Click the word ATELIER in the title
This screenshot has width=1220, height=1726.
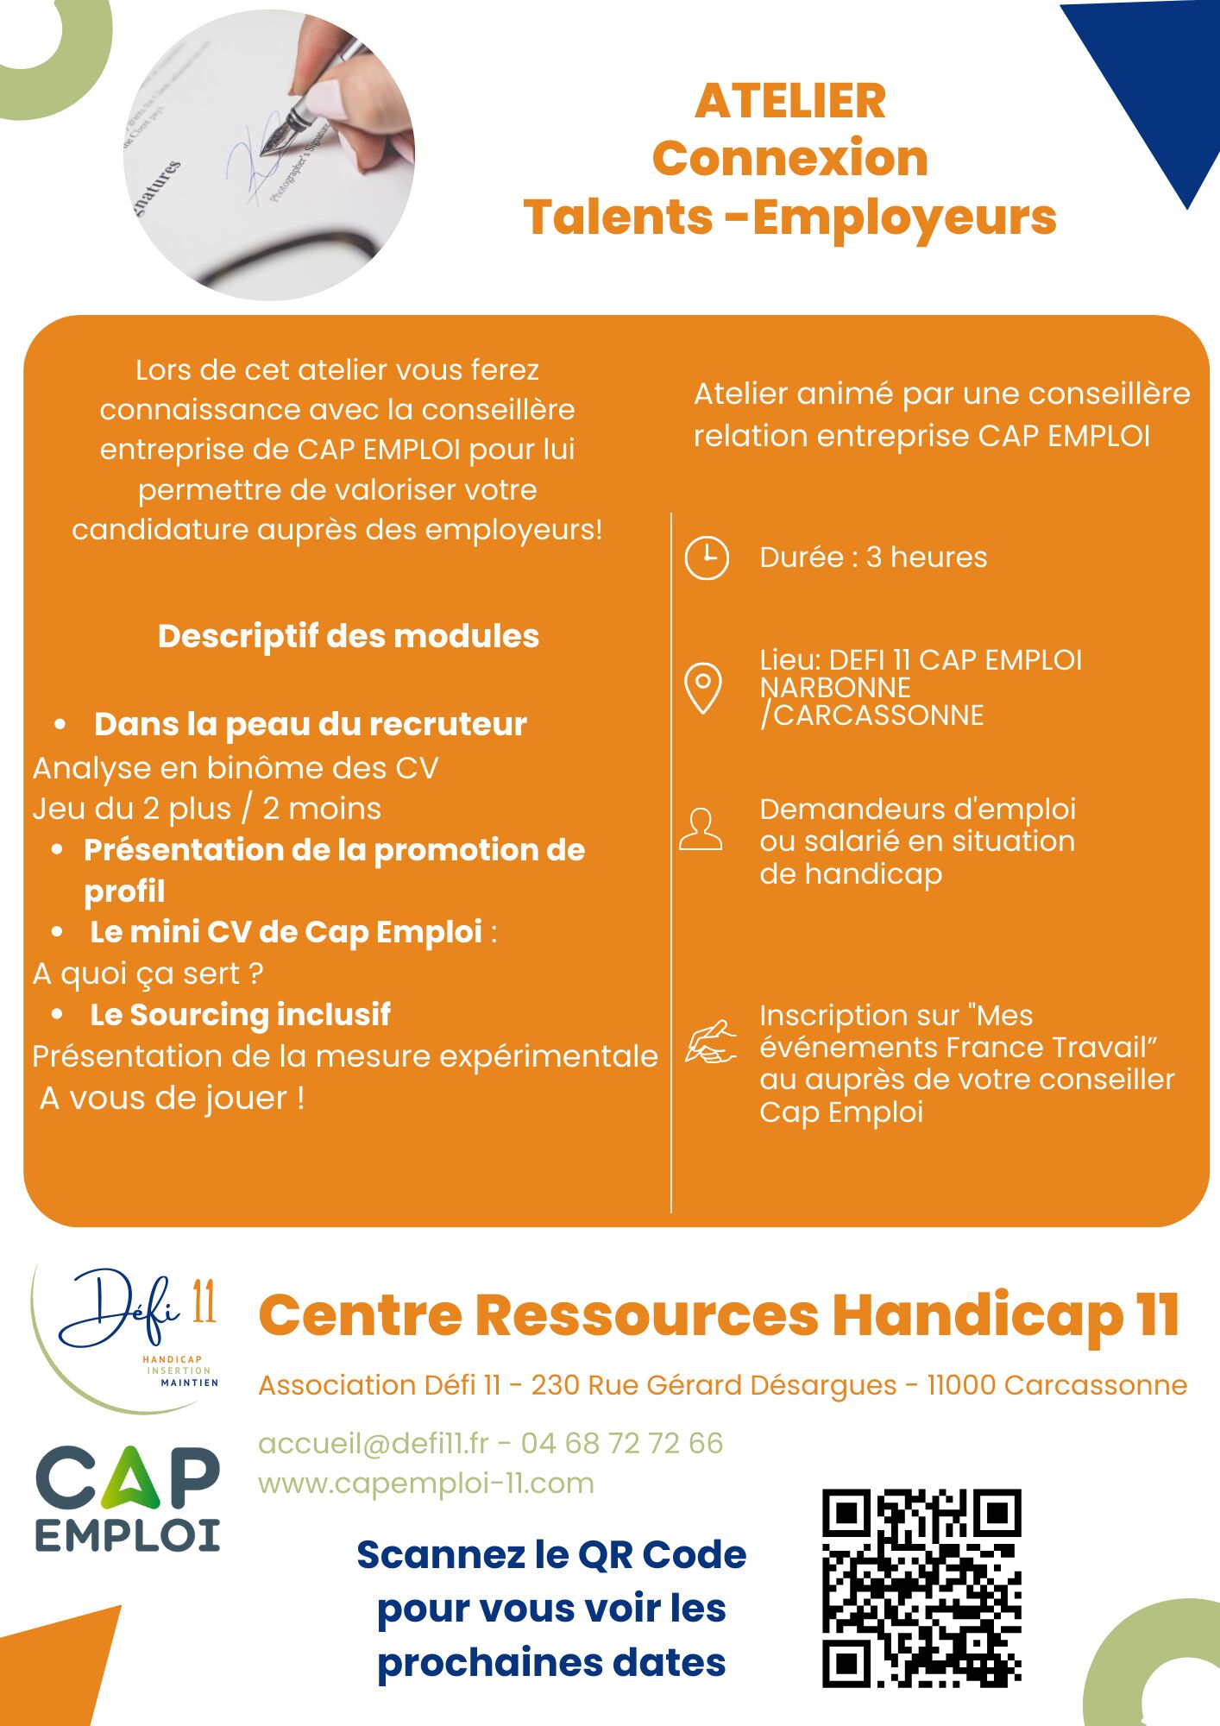pos(789,101)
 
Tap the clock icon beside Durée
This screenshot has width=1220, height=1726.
pos(707,557)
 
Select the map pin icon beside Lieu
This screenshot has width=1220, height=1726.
pos(702,688)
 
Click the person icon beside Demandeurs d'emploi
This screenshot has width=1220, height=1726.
pos(701,830)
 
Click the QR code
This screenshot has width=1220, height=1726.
pos(921,1588)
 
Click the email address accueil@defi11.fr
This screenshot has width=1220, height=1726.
pos(373,1443)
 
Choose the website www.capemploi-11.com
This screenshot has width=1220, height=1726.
pos(426,1483)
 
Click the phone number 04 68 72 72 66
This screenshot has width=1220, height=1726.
pos(621,1443)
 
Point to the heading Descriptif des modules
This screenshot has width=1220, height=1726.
pos(349,636)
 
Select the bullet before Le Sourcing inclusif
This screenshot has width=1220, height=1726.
pos(57,1014)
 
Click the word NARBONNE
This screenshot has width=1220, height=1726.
pos(835,688)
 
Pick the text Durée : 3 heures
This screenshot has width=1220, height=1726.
pos(873,557)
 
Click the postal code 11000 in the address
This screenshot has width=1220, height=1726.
pos(961,1385)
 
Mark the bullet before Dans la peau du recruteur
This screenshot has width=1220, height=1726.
pos(60,724)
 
